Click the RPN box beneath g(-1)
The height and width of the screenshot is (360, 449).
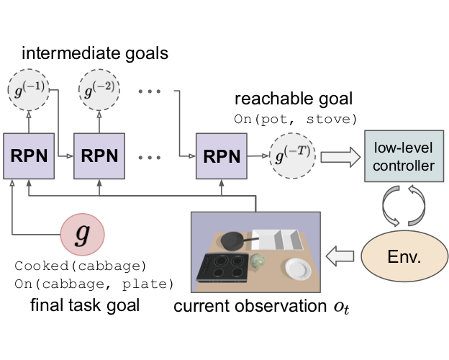click(29, 155)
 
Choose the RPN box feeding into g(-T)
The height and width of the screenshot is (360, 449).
click(220, 155)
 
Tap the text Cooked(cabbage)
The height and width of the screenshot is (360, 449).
click(80, 266)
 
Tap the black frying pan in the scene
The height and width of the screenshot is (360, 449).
click(235, 239)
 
